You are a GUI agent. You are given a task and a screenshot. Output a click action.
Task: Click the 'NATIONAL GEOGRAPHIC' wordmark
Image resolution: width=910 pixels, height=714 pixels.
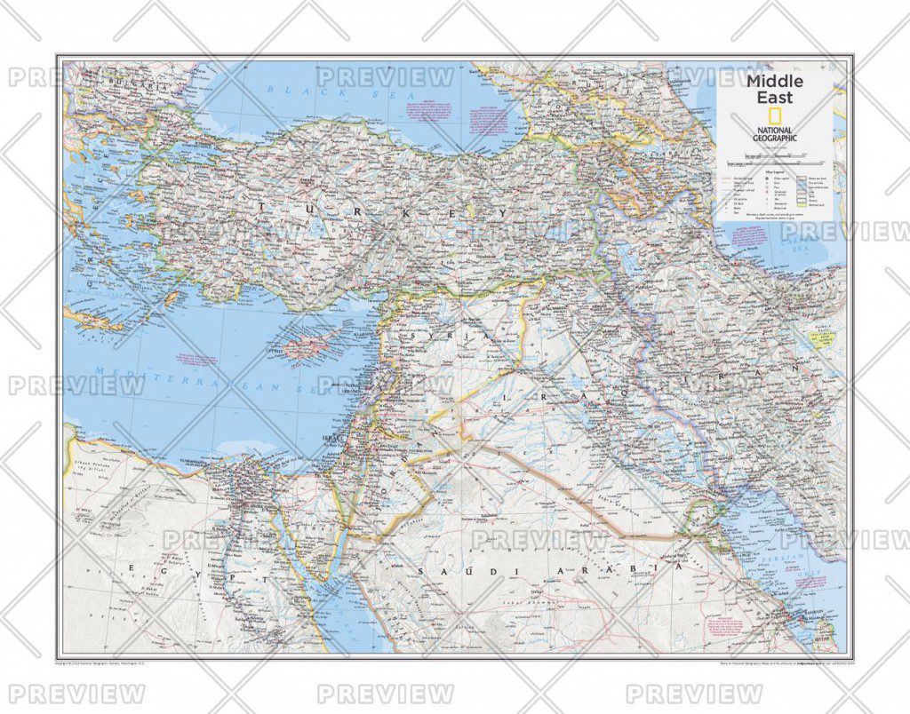coord(775,135)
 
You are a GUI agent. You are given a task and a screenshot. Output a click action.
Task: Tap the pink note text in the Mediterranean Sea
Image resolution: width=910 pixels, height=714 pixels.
coord(197,361)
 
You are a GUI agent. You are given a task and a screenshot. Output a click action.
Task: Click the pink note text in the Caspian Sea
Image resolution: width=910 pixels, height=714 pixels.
coord(747,235)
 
